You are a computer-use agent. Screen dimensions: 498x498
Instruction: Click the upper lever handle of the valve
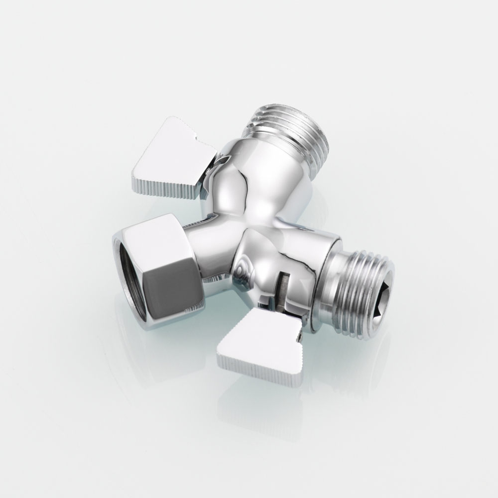tap(167, 149)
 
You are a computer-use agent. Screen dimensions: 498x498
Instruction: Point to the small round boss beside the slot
tap(243, 271)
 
